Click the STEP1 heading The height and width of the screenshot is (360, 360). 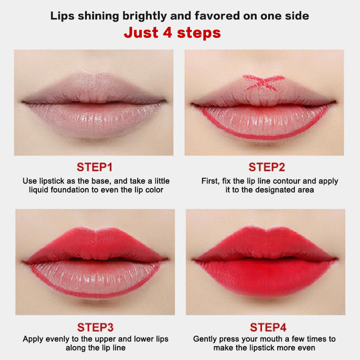click(x=94, y=167)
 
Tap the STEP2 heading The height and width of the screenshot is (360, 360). click(x=267, y=167)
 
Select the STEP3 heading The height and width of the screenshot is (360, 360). click(x=95, y=328)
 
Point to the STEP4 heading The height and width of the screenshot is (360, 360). click(x=268, y=328)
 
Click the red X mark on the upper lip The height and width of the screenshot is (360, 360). click(x=264, y=82)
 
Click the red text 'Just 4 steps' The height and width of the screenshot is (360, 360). click(x=172, y=32)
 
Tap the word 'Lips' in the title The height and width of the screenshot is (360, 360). click(x=62, y=16)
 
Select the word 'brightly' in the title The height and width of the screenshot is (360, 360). click(x=144, y=16)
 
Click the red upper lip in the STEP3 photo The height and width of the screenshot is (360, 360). click(x=95, y=246)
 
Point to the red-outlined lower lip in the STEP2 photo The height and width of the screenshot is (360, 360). click(x=264, y=121)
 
